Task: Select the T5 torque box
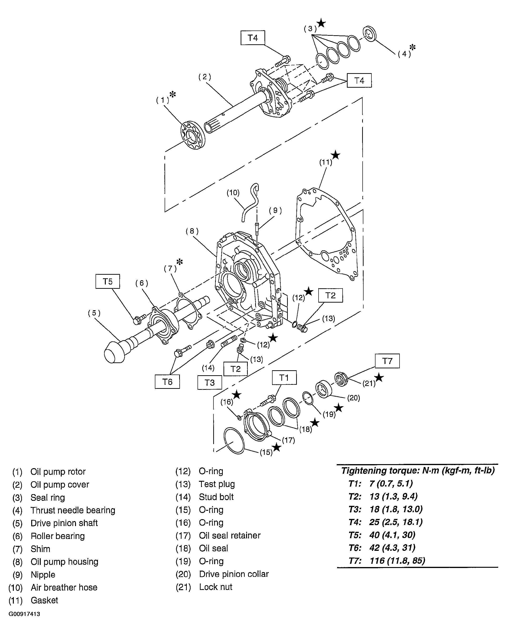(108, 281)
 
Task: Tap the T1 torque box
(284, 378)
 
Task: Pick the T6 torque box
(167, 382)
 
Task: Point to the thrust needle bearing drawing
(370, 34)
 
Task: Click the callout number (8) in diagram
(192, 231)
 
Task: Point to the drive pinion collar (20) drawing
(324, 389)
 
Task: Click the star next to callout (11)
(335, 155)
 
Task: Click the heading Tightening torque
(418, 471)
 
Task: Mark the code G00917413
(24, 614)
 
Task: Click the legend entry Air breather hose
(64, 587)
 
